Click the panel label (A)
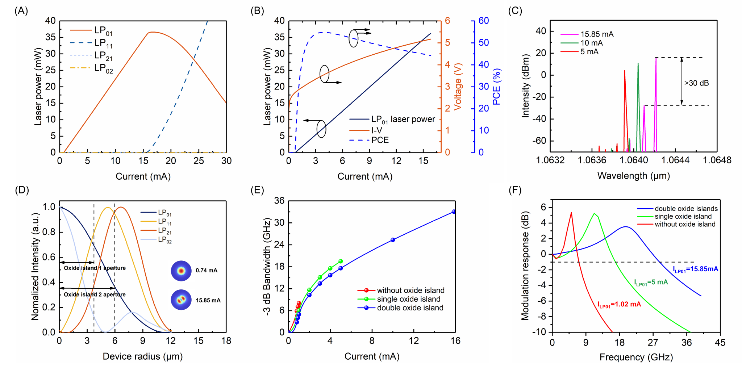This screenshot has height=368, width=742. pyautogui.click(x=21, y=11)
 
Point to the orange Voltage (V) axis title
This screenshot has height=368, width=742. pyautogui.click(x=458, y=87)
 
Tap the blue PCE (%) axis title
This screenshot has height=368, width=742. pyautogui.click(x=496, y=87)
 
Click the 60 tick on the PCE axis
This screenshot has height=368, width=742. pyautogui.click(x=484, y=21)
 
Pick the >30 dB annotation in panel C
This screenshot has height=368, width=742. pyautogui.click(x=696, y=83)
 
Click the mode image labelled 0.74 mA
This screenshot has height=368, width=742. pyautogui.click(x=181, y=271)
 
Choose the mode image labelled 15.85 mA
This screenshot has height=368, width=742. pyautogui.click(x=181, y=300)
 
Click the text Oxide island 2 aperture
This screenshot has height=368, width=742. pyautogui.click(x=95, y=294)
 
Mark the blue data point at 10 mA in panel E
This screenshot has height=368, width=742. pyautogui.click(x=393, y=240)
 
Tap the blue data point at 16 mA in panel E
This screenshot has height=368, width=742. pyautogui.click(x=454, y=212)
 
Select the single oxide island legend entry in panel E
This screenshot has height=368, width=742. pyautogui.click(x=408, y=299)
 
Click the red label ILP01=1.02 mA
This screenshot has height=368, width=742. pyautogui.click(x=619, y=304)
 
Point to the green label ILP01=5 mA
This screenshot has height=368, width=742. pyautogui.click(x=651, y=283)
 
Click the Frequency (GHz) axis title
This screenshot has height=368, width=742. pyautogui.click(x=636, y=357)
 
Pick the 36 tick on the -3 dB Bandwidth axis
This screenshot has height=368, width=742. pyautogui.click(x=279, y=201)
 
